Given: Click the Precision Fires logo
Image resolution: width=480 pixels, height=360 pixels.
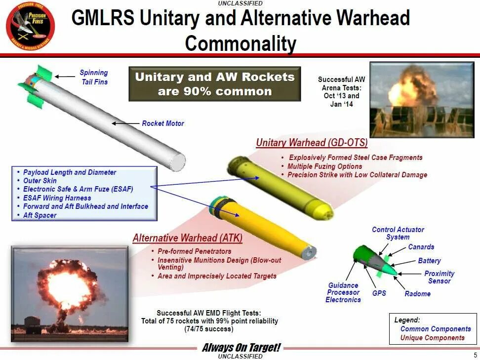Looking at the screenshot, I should [30, 27].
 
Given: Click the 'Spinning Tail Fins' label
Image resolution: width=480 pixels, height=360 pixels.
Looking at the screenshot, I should [94, 77].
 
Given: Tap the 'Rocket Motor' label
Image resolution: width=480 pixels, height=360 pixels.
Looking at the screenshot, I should [162, 123].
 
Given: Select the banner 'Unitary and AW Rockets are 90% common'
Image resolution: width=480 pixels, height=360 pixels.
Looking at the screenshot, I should [214, 84].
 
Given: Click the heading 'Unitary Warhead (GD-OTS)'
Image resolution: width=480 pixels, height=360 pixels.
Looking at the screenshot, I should [312, 143].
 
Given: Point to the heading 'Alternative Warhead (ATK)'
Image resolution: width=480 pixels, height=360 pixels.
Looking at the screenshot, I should [188, 238].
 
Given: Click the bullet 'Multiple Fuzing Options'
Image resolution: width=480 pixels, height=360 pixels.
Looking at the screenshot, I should [324, 166].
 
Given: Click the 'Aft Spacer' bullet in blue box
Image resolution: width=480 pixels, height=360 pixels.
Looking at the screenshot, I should [40, 215].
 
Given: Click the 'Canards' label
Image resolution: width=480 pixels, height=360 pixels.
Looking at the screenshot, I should [421, 247].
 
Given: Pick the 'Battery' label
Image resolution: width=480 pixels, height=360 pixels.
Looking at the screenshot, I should [429, 261].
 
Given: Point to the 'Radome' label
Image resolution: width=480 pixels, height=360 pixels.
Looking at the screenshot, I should [417, 294].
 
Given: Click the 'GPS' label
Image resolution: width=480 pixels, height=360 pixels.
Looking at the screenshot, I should [379, 293].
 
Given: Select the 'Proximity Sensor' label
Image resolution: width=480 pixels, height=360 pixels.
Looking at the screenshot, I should [439, 277].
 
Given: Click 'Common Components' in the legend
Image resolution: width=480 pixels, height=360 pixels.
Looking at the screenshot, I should [435, 329].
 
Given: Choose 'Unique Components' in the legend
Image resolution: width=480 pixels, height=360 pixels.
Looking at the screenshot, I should [432, 338].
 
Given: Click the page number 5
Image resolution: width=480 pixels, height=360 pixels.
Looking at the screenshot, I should [475, 355].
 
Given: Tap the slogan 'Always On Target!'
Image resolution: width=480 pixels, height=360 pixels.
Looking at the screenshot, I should [240, 348].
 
